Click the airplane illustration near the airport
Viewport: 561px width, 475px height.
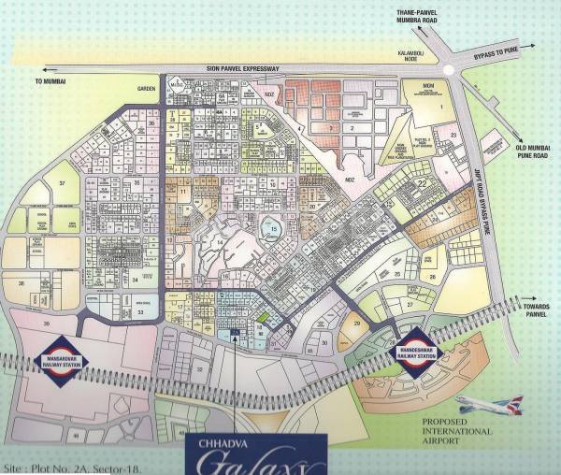pyautogui.click(x=490, y=406)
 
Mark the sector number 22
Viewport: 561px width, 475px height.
pyautogui.click(x=422, y=183)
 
